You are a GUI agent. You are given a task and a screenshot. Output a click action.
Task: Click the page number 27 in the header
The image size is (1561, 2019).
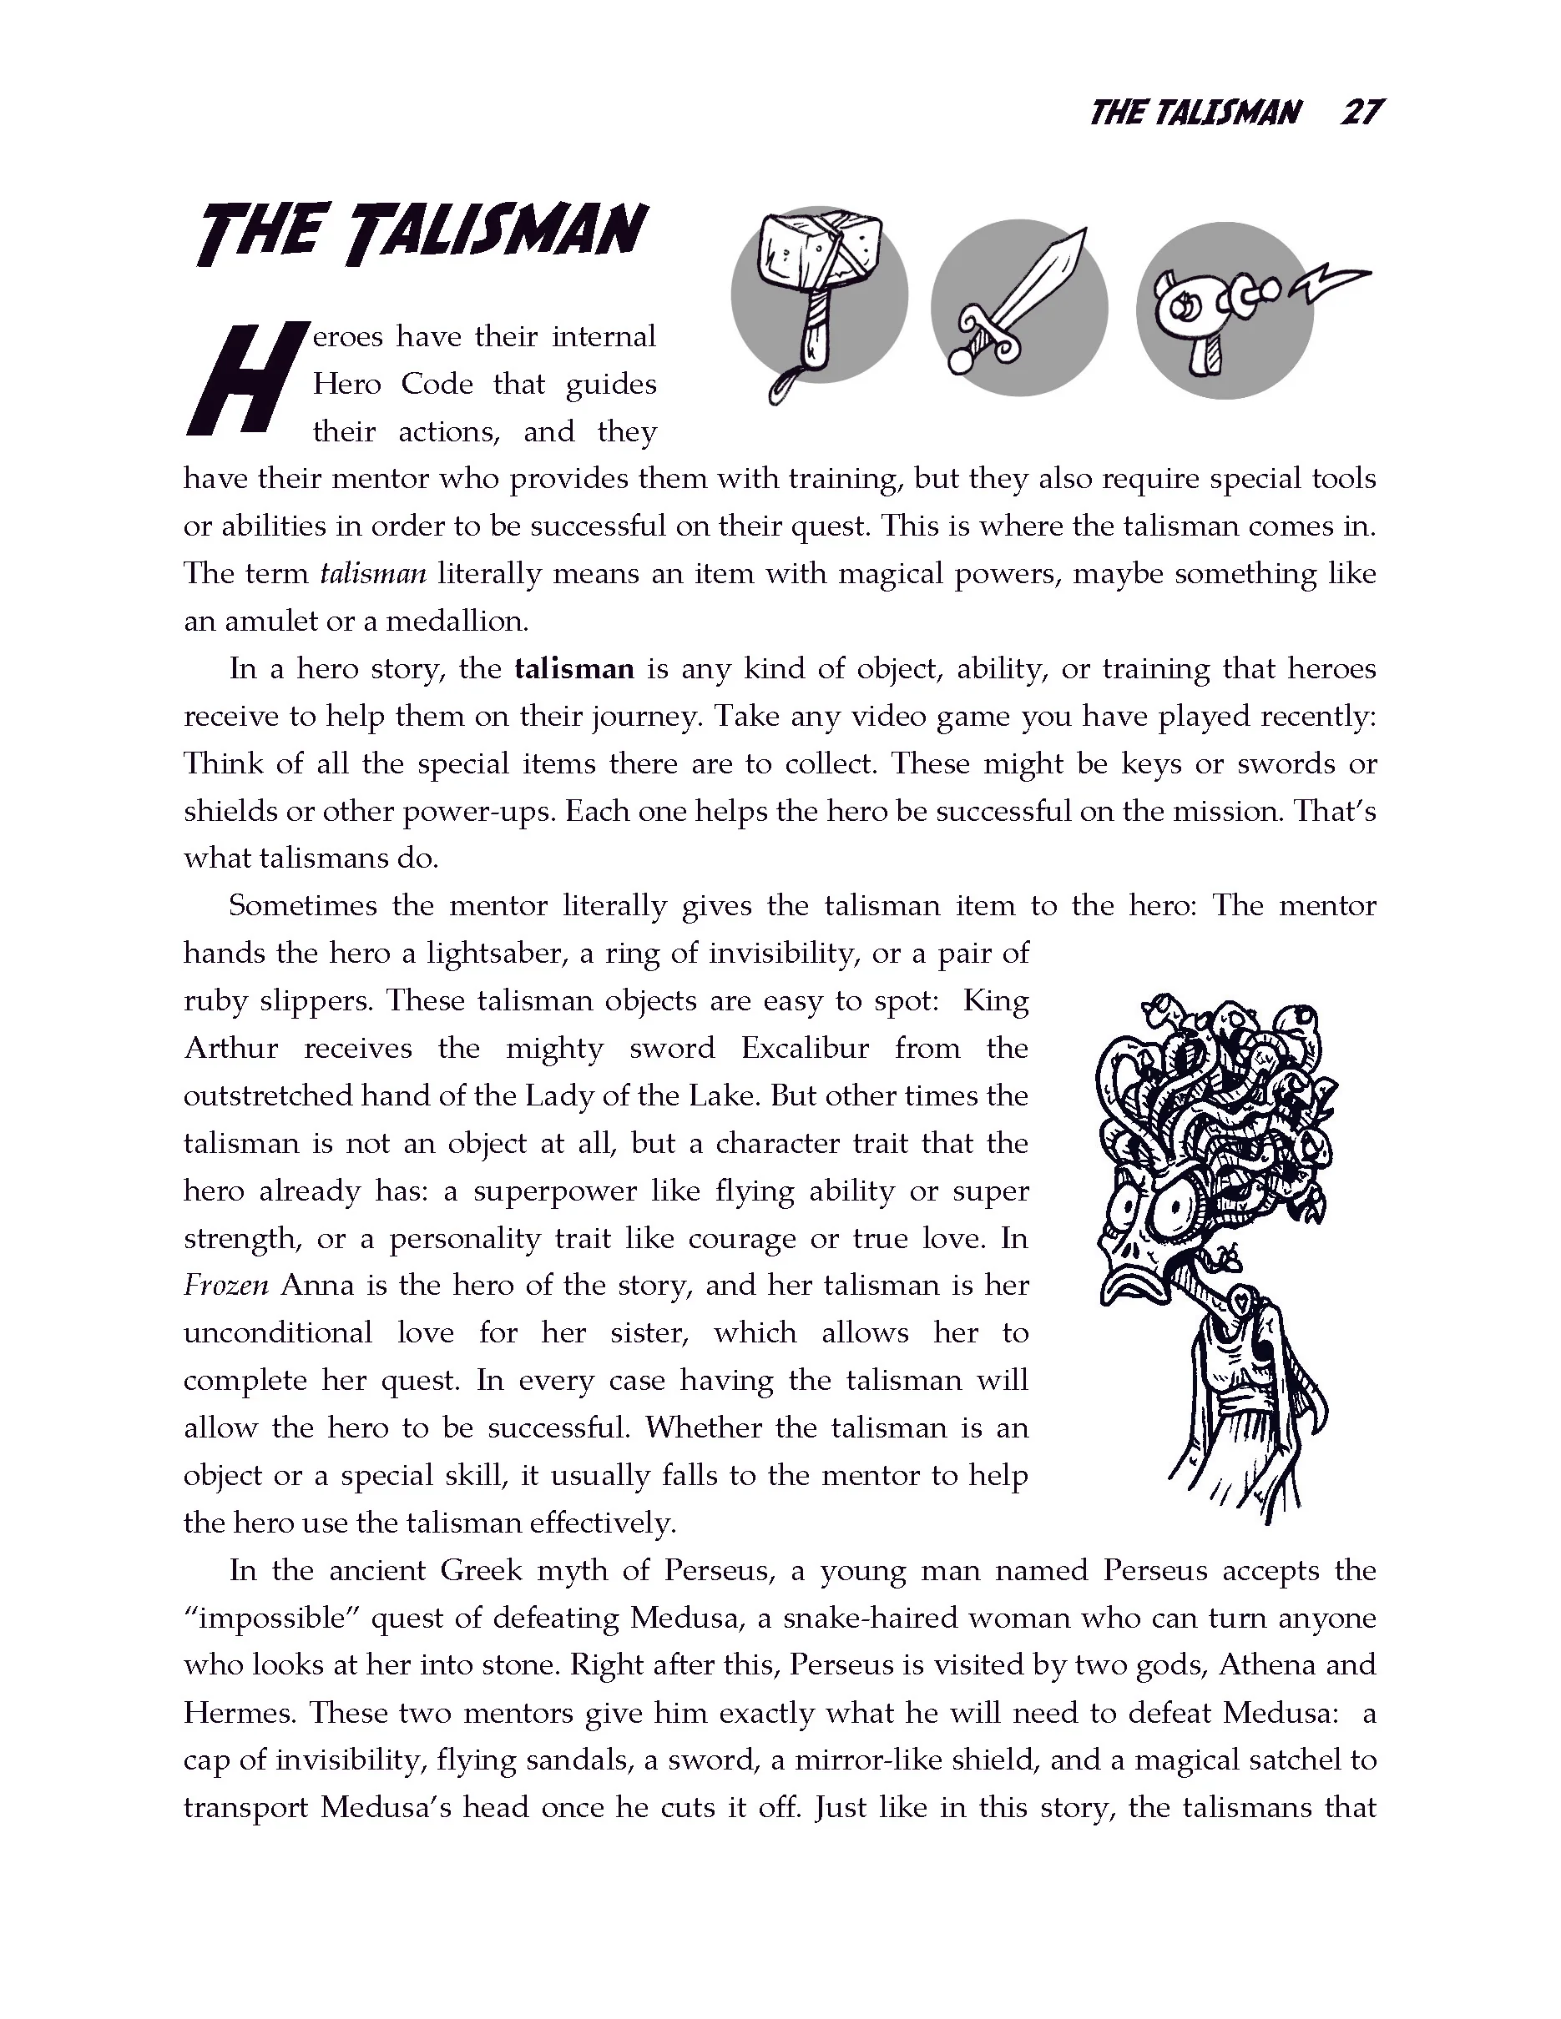click(1361, 113)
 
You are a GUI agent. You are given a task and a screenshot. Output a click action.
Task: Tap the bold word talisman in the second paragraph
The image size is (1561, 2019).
click(574, 668)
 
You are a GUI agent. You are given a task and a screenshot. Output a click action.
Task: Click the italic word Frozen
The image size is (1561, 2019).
click(225, 1286)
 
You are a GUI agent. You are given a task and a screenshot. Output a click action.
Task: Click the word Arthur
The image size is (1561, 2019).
click(231, 1049)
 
